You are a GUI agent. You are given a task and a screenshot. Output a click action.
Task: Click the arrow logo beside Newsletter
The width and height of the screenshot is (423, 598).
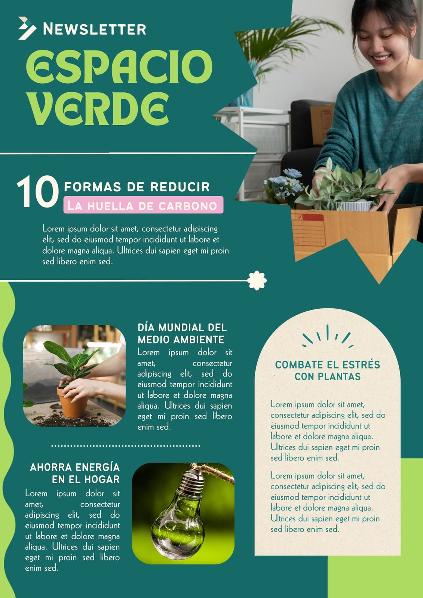27,28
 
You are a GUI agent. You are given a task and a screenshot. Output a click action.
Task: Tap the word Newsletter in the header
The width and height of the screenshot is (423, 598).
95,29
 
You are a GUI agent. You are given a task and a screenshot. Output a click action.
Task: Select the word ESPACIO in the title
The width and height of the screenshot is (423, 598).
119,67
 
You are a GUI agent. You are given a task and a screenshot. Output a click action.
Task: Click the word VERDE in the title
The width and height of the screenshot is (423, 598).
98,109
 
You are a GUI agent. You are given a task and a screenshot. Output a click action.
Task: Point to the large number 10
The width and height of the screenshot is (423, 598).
38,191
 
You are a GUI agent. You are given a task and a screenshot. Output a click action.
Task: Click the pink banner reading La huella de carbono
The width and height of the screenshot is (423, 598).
143,205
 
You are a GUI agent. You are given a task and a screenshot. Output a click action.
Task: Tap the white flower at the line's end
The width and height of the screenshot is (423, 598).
257,280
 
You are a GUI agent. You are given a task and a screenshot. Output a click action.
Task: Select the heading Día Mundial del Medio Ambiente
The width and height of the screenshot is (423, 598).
182,333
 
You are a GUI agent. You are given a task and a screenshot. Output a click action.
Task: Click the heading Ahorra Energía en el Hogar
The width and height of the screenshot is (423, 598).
75,473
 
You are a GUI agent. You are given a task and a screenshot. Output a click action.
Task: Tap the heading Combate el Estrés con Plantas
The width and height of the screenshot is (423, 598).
327,370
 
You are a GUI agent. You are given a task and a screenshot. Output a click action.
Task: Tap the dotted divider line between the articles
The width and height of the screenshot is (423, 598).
126,446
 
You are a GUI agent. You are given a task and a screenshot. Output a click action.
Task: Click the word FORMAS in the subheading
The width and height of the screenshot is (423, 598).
92,187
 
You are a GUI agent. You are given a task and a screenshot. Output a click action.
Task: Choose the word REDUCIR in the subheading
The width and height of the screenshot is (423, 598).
180,187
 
